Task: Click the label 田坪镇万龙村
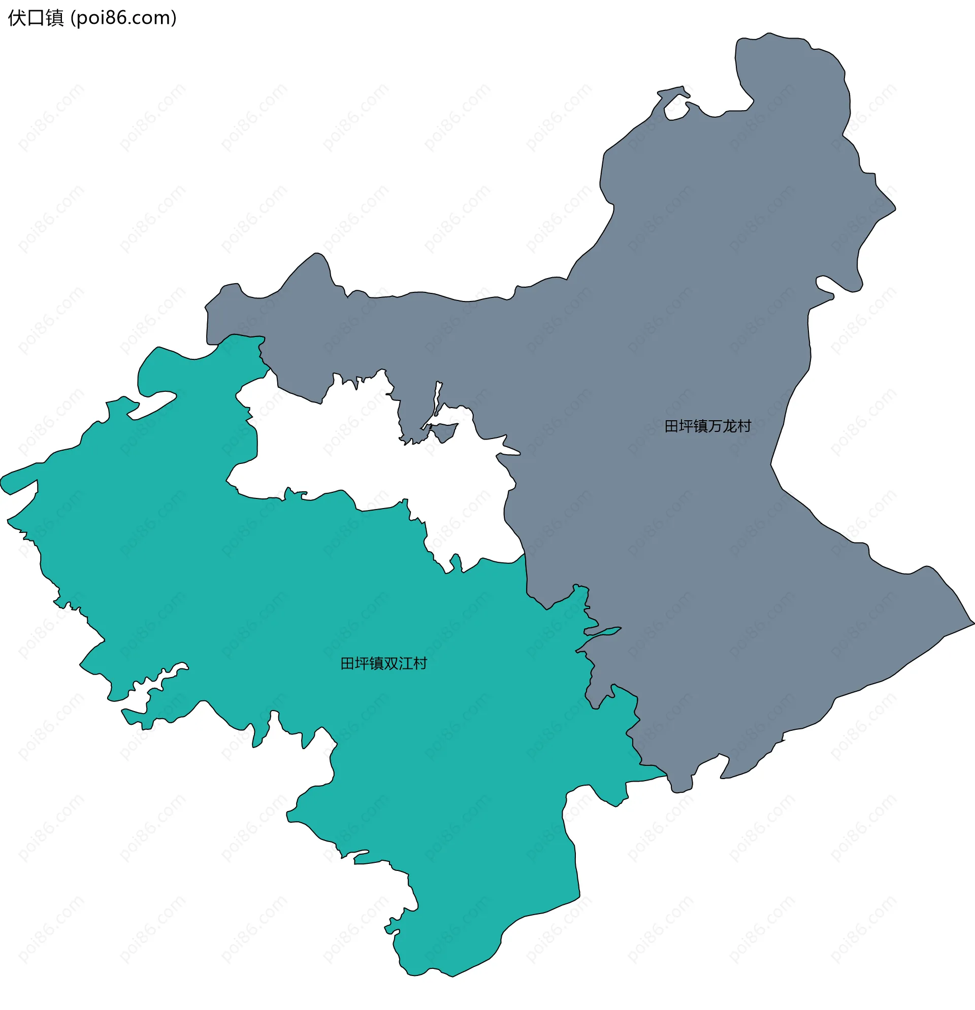[707, 426]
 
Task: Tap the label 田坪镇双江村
[383, 664]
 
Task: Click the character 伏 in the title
[17, 18]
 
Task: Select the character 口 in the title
[36, 18]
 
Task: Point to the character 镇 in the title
[54, 18]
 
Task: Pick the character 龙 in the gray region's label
[729, 426]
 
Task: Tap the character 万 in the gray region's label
[714, 426]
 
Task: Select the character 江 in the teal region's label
[405, 664]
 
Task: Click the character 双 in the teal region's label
[391, 664]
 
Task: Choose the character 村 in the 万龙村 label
[744, 426]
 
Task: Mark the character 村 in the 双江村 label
[420, 664]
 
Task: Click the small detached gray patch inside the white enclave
[444, 432]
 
